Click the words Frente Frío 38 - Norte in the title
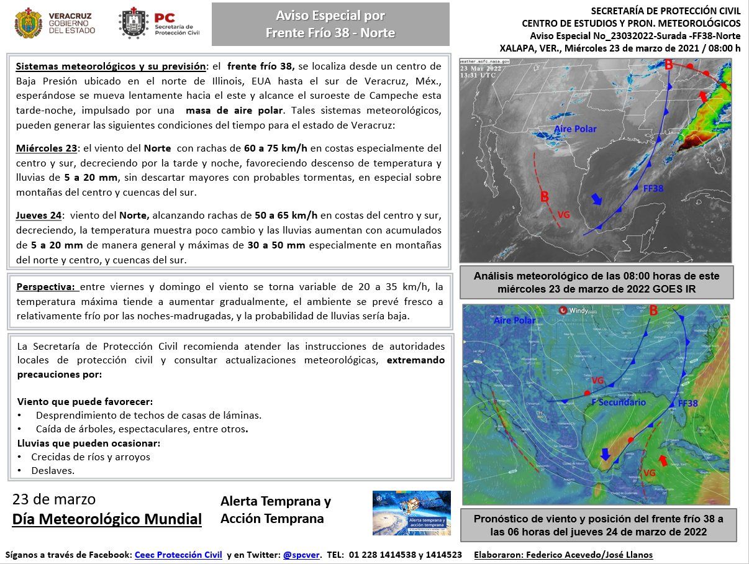coord(330,33)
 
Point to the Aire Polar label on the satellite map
coord(576,129)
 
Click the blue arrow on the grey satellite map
coord(597,199)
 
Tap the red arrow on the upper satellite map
coord(702,96)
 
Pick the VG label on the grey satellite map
coord(563,214)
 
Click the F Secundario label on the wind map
coord(619,403)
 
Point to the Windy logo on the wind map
coord(575,311)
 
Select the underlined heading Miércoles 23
coord(47,148)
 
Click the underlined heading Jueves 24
coord(39,216)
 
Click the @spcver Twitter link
coord(301,555)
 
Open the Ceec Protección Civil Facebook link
coord(178,555)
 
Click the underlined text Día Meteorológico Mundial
coord(107,519)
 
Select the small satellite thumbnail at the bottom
coord(411,513)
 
